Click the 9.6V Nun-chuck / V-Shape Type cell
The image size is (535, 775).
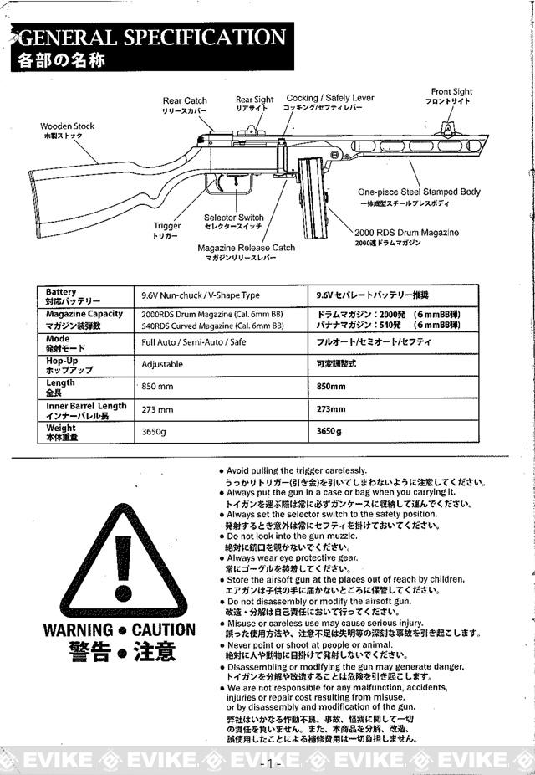[x=201, y=295]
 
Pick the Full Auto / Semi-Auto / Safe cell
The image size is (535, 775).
[x=193, y=342]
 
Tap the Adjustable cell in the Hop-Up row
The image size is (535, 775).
[x=162, y=365]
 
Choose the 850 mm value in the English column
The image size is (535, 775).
[x=158, y=387]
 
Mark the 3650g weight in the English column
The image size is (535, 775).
[x=154, y=432]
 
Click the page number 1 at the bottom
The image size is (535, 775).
[x=269, y=763]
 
